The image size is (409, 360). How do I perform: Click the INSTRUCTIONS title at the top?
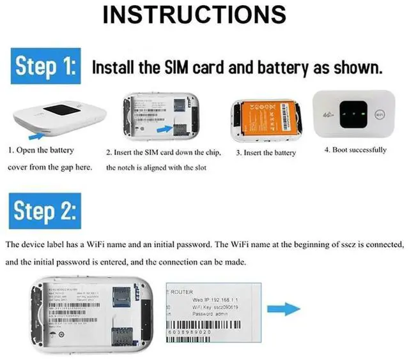tap(204, 15)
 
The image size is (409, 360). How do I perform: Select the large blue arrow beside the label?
tap(284, 310)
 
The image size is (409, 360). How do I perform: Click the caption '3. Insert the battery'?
tap(266, 153)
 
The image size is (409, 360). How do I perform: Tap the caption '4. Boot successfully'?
tap(355, 150)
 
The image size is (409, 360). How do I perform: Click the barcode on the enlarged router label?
tap(204, 325)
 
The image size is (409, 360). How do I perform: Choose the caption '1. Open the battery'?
tap(42, 151)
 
